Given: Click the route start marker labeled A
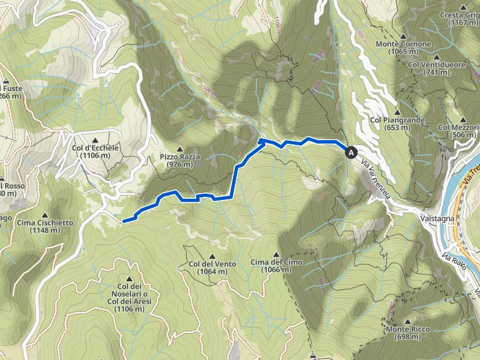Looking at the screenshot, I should [351, 152].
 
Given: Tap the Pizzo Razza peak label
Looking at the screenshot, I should [179, 161].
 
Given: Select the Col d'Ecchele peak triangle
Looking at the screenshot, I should [95, 140].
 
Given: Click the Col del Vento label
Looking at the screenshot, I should [212, 267].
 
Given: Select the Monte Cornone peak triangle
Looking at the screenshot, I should [403, 36].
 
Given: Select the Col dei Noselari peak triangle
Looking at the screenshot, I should [130, 279].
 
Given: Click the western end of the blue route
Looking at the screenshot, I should [124, 220].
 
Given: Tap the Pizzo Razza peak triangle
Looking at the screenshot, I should [179, 149].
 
